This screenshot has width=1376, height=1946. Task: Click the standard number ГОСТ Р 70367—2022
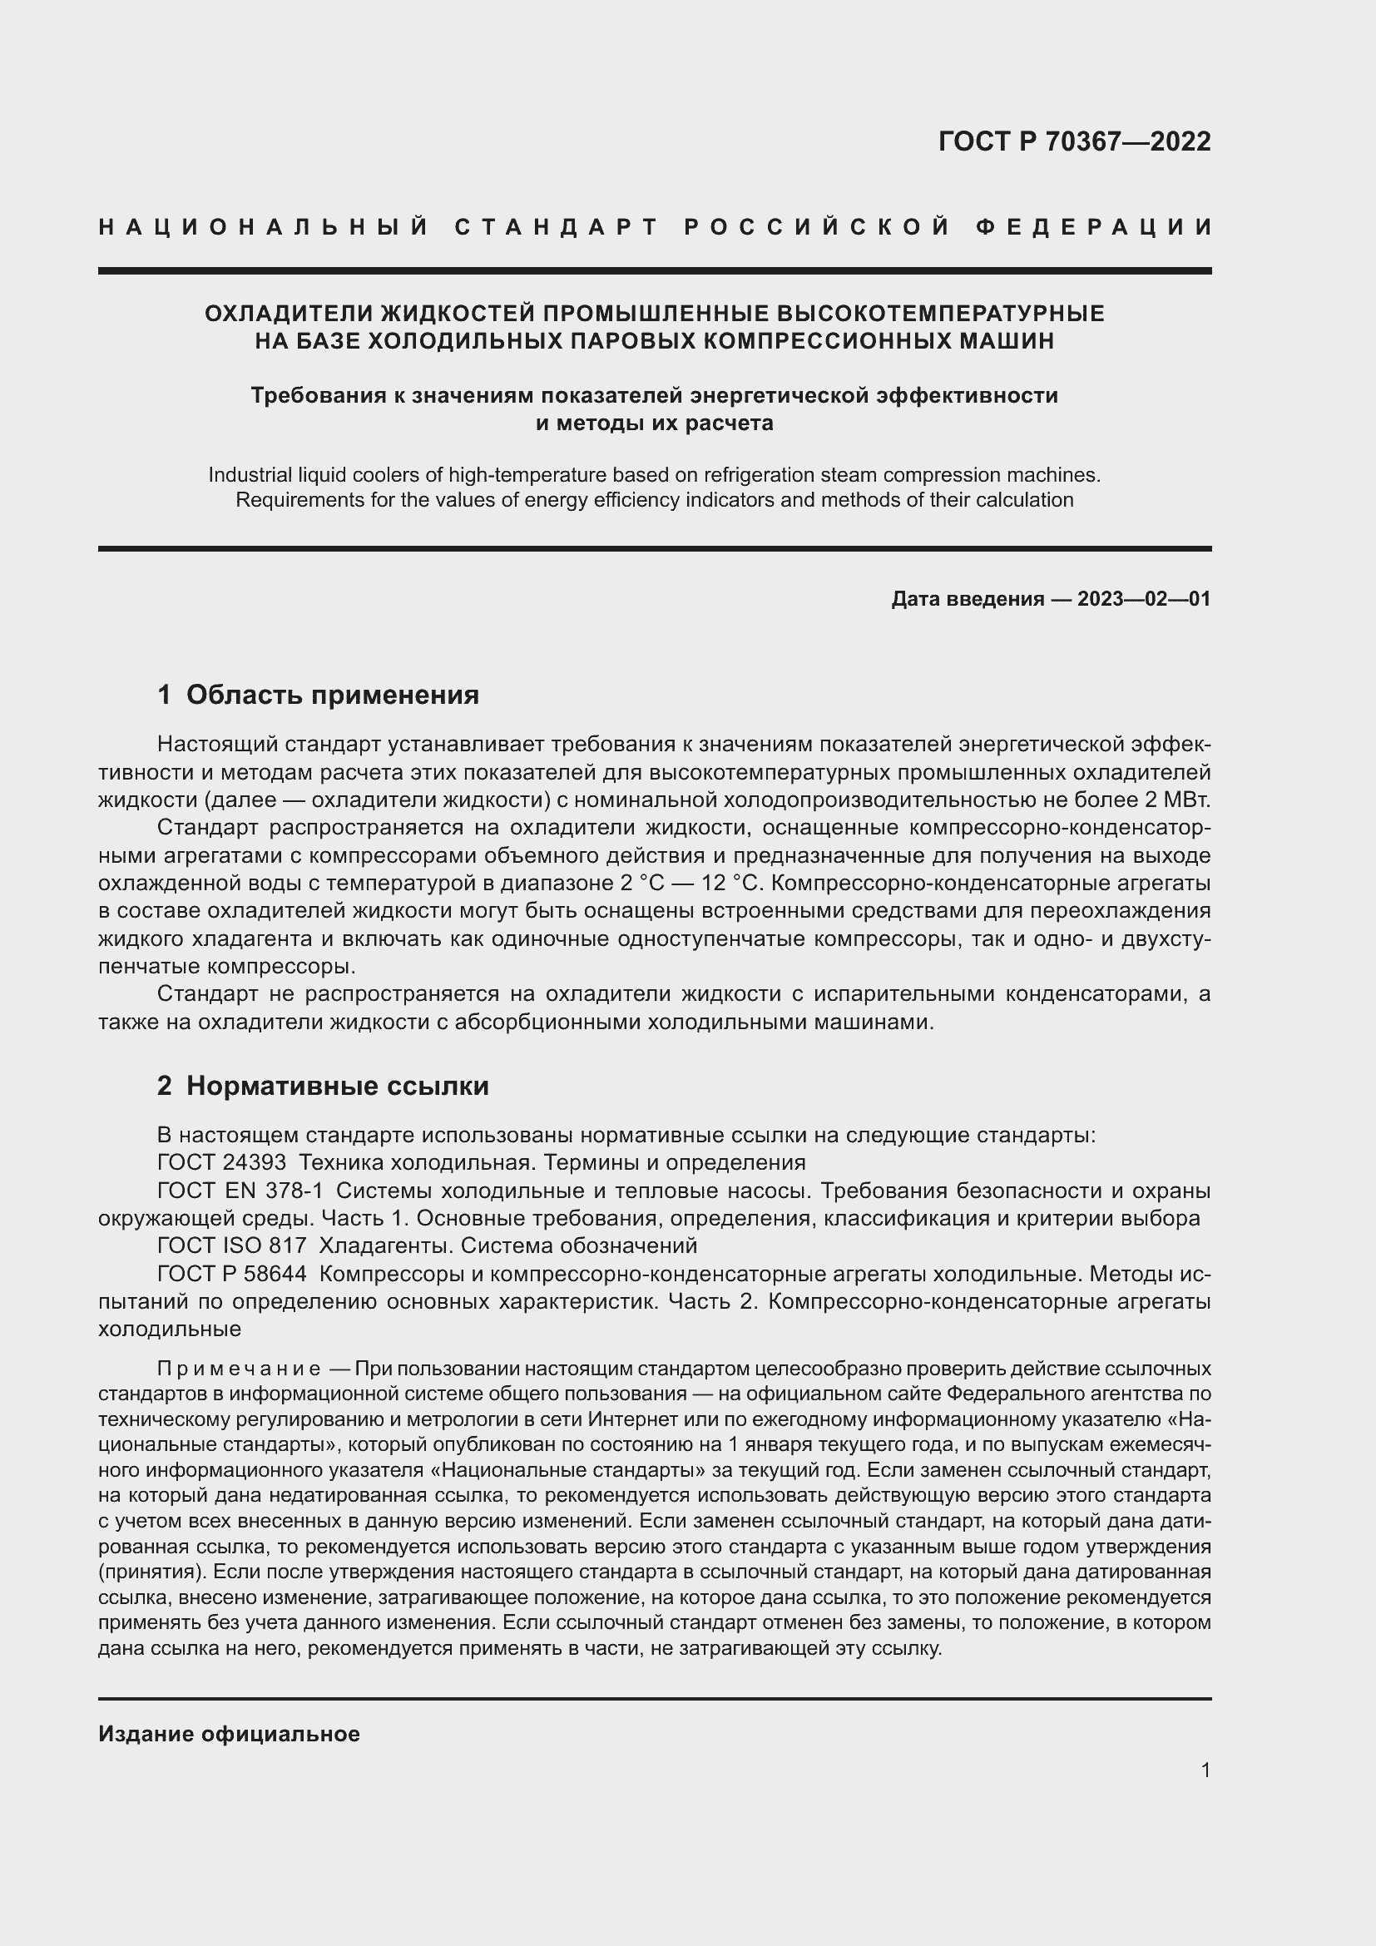(x=1074, y=141)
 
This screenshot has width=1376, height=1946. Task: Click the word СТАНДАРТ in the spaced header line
(x=557, y=227)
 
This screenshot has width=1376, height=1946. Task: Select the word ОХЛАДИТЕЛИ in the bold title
(x=289, y=314)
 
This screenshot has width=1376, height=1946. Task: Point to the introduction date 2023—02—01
(x=1143, y=599)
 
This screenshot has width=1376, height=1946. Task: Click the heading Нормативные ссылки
(x=336, y=1086)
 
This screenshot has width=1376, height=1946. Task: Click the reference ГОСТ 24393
(x=221, y=1162)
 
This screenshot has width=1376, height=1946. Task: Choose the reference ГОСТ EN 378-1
(x=240, y=1190)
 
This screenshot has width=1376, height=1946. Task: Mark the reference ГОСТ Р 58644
(x=231, y=1274)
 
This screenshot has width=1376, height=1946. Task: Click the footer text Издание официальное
(x=229, y=1734)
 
